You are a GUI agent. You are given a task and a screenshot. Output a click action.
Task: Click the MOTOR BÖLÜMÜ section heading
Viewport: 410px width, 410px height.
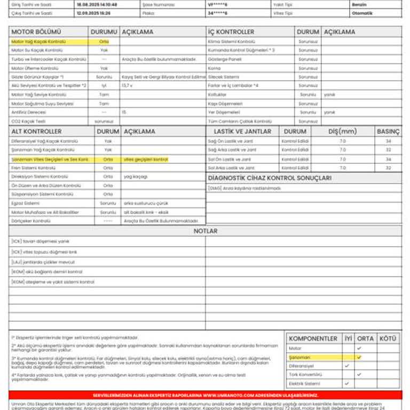36,32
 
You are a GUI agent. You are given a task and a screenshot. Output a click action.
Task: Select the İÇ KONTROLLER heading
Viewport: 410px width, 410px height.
231,32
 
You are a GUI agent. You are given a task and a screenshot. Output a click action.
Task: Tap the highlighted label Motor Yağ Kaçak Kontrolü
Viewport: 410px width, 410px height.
38,41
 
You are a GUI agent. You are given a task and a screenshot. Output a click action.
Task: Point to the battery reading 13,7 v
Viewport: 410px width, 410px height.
127,85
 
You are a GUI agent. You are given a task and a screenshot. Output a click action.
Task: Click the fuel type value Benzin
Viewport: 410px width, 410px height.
359,4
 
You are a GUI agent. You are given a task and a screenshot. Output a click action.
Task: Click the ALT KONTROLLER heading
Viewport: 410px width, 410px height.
36,131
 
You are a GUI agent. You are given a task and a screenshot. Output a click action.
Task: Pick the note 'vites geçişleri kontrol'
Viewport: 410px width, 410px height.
146,159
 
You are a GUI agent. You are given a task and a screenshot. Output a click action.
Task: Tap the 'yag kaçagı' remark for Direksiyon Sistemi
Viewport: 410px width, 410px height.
136,177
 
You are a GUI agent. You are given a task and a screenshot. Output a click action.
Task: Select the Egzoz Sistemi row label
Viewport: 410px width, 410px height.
26,203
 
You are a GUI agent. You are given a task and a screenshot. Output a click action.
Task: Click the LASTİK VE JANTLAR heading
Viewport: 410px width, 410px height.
242,131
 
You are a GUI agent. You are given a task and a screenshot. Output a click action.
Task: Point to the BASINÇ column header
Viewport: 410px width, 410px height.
388,131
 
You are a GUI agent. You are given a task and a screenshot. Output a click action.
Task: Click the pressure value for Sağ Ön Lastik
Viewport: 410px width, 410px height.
388,141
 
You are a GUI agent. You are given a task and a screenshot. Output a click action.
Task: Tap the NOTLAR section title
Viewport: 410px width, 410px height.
205,231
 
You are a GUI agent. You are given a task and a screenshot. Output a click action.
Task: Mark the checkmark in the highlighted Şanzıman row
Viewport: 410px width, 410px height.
359,357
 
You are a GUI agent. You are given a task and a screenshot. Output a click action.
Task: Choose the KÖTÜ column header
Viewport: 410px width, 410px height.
388,338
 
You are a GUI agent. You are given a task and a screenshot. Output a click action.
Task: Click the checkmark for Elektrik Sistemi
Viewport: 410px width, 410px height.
347,383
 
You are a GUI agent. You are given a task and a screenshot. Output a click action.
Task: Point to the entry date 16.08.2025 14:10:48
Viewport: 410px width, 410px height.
97,4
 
